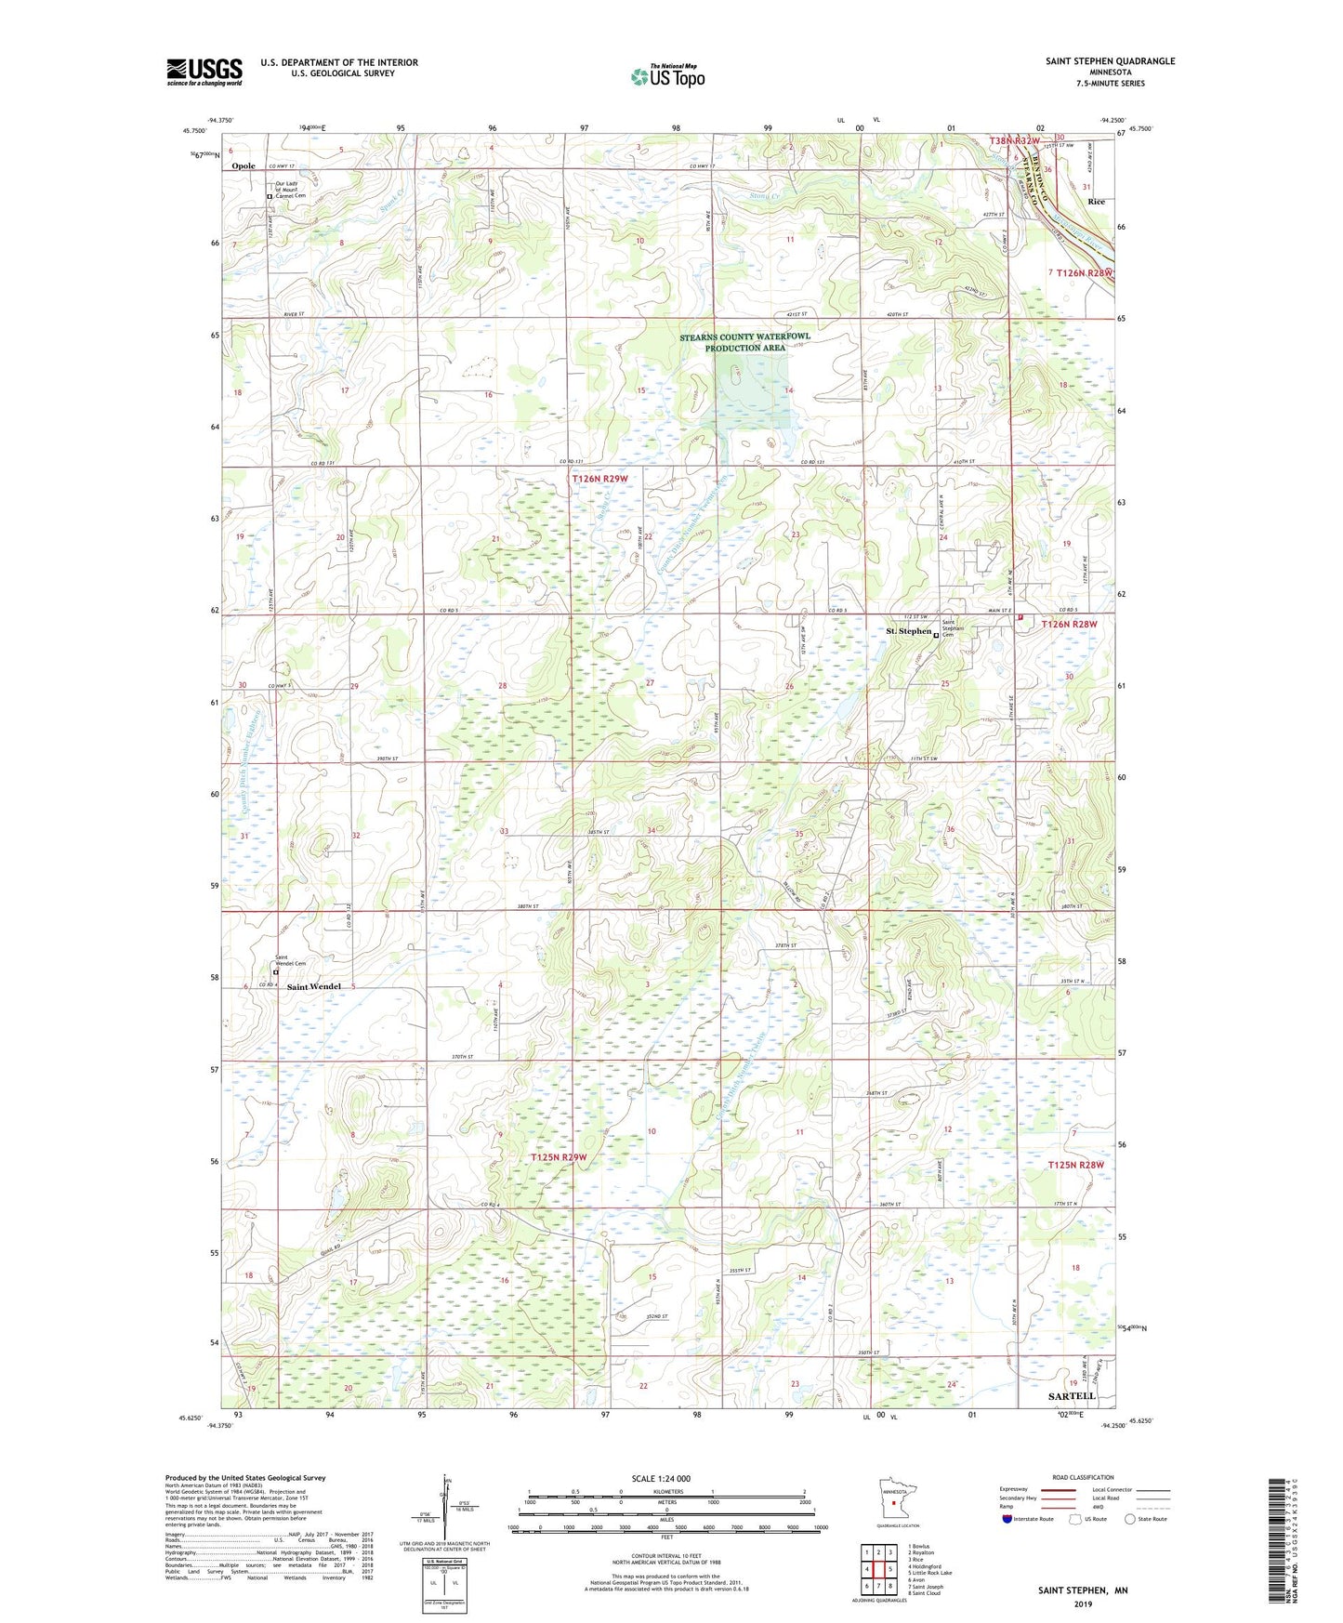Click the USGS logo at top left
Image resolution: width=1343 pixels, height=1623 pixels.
click(204, 72)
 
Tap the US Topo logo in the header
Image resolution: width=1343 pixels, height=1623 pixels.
click(666, 76)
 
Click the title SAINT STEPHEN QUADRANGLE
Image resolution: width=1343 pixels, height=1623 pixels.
click(1110, 61)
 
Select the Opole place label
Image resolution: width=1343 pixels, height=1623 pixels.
click(244, 166)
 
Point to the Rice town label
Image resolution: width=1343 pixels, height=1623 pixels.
click(1096, 202)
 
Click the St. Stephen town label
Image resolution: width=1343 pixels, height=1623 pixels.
click(907, 631)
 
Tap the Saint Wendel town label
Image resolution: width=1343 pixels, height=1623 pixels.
click(313, 986)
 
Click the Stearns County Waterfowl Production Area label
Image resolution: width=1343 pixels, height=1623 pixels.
click(744, 342)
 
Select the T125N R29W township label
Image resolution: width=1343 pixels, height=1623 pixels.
click(559, 1157)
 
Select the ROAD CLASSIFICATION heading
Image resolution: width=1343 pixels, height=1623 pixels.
click(1083, 1477)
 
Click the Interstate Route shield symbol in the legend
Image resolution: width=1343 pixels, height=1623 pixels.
click(1007, 1519)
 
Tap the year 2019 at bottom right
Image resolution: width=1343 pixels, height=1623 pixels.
click(1083, 1603)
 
